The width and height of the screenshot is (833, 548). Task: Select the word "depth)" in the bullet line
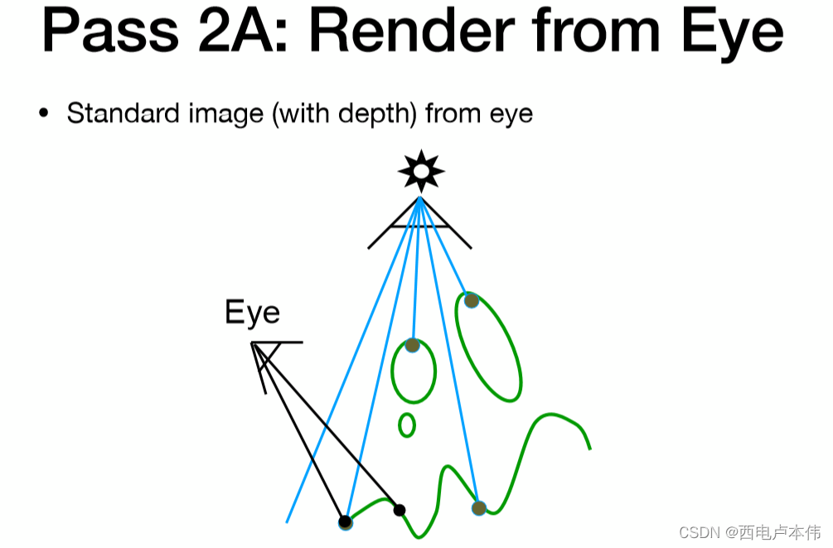tap(376, 114)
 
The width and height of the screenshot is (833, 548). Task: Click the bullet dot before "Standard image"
tap(44, 113)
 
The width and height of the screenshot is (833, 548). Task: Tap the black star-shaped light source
tap(421, 171)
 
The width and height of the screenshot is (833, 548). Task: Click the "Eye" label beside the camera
tap(252, 313)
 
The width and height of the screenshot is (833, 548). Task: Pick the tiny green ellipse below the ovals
tap(406, 425)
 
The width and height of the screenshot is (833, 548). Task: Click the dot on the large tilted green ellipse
tap(471, 300)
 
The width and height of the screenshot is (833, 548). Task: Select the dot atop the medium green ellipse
tap(412, 345)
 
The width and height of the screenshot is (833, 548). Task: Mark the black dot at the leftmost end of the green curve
tap(345, 521)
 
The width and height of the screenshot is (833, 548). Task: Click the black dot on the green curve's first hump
tap(399, 509)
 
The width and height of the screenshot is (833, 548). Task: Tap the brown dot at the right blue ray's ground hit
tap(478, 507)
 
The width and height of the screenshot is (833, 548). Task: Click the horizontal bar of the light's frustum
tap(419, 226)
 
